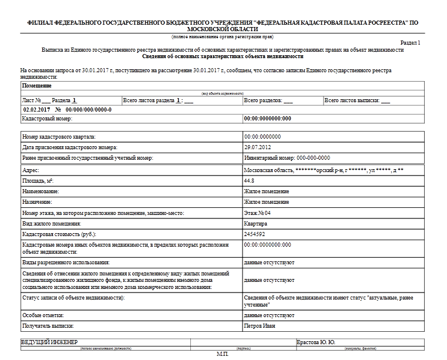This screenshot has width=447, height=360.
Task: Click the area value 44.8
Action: [x=249, y=180]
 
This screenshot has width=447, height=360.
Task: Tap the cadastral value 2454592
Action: [x=256, y=234]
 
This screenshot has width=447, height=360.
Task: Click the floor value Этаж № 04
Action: [x=258, y=213]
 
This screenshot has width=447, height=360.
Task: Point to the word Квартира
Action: [x=256, y=223]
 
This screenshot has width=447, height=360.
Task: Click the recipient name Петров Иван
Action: [x=260, y=325]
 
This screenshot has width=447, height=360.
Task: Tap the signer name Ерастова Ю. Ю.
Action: [x=316, y=342]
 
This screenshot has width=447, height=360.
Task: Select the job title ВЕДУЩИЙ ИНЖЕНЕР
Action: [x=50, y=342]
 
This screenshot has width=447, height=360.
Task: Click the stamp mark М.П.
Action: [x=222, y=355]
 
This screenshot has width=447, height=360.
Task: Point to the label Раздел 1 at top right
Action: [x=410, y=43]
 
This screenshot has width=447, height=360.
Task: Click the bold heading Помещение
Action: [x=37, y=86]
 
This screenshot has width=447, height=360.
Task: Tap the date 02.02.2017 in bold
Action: [x=36, y=110]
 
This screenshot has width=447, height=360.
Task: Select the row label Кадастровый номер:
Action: [x=47, y=119]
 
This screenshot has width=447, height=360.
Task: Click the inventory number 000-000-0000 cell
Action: [x=287, y=158]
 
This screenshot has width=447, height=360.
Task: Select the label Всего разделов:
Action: [x=263, y=100]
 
